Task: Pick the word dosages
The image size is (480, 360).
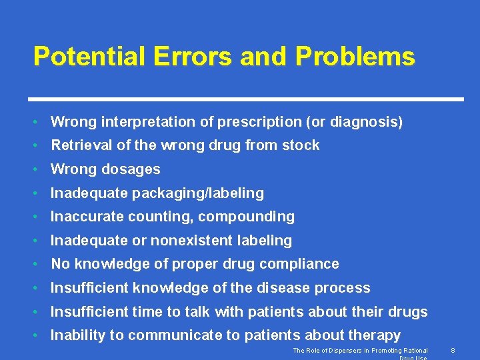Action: (x=131, y=169)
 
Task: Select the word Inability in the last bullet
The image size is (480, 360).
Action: (x=73, y=335)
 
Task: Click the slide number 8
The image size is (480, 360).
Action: (x=452, y=350)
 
